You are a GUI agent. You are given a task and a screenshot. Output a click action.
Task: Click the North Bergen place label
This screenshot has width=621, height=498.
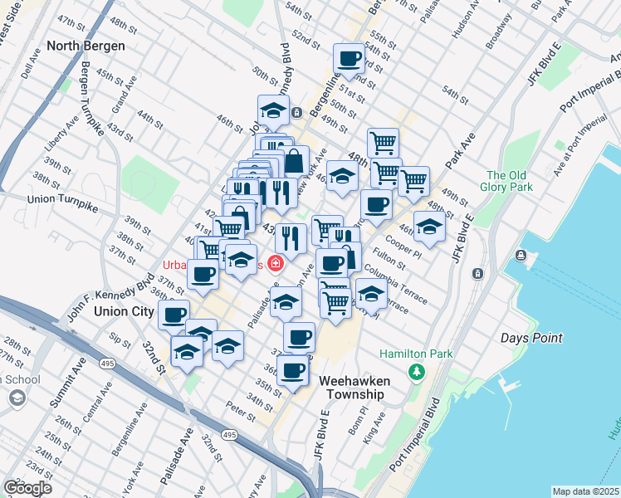(x=86, y=46)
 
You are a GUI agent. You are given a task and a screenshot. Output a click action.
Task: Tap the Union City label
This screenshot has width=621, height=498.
(x=124, y=311)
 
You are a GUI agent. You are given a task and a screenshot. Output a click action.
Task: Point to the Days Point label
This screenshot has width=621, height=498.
(x=531, y=338)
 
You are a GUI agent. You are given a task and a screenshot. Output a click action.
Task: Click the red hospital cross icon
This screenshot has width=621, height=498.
(x=274, y=263)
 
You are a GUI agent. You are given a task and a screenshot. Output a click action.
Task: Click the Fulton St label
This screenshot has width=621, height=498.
(x=389, y=259)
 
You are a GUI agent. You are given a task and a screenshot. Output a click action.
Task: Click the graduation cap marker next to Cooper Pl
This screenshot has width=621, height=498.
(x=429, y=226)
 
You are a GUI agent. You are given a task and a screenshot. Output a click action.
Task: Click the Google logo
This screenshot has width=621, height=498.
(x=28, y=488)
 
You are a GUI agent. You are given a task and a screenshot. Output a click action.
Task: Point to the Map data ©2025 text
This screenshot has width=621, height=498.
(x=585, y=491)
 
